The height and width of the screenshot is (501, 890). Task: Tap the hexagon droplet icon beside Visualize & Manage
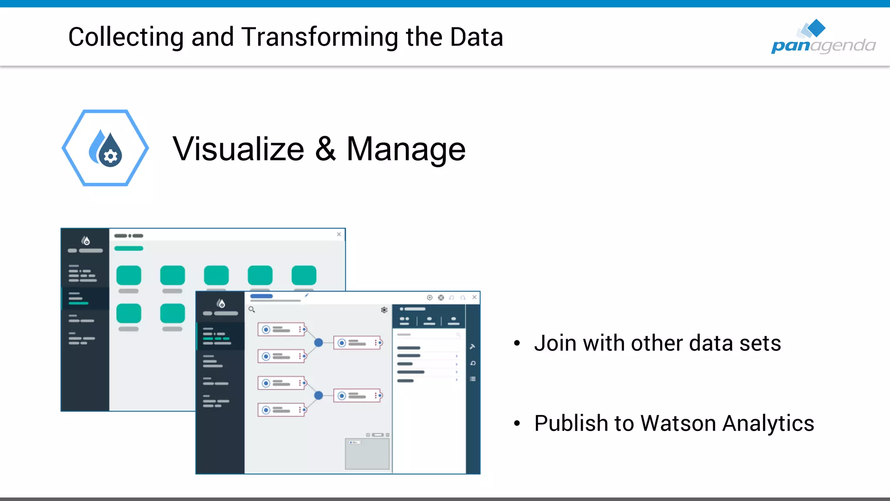[106, 148]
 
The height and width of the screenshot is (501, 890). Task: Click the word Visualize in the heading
[238, 149]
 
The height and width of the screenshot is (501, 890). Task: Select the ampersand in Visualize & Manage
[325, 149]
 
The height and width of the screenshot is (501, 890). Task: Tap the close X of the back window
[339, 234]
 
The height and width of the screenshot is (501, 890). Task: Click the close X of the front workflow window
[475, 297]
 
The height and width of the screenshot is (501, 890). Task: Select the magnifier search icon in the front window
[252, 310]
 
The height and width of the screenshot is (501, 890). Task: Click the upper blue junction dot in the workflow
[319, 343]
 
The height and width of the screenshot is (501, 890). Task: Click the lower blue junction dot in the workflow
[319, 395]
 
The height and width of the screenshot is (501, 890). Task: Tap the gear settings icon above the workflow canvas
[384, 310]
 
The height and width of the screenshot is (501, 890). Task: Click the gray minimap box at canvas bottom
[367, 454]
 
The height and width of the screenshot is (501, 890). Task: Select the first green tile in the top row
[129, 275]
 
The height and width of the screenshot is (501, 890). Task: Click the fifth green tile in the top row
[304, 275]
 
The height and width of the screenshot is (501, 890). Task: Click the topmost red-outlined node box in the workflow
[281, 330]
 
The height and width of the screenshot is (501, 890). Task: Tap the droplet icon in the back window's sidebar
[86, 240]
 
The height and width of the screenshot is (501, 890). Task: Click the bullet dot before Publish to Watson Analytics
[517, 423]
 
